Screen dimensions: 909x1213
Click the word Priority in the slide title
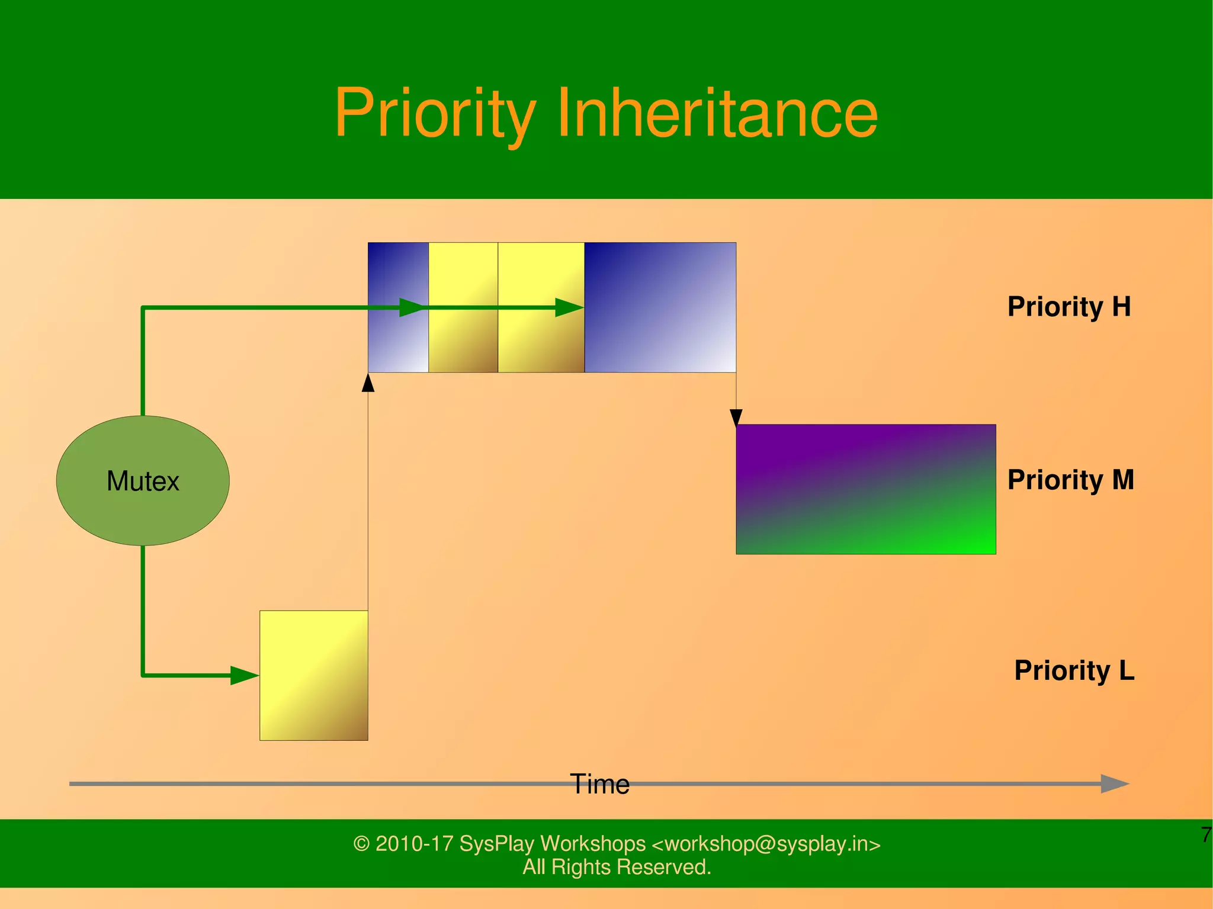(435, 114)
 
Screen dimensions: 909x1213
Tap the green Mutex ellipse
(143, 480)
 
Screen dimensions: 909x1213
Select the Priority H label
(1069, 307)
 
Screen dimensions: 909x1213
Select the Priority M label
(1070, 480)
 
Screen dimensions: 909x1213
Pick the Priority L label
(1074, 670)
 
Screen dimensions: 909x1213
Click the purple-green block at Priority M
(865, 489)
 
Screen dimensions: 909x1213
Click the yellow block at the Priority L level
(313, 675)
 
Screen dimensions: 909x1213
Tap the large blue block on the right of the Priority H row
(660, 307)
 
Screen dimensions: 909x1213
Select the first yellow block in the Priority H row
(463, 338)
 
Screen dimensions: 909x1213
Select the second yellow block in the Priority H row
(541, 338)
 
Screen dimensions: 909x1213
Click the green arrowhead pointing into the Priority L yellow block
(244, 675)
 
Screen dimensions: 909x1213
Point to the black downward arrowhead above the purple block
(736, 417)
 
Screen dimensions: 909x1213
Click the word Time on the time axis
(599, 784)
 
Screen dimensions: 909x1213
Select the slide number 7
(1206, 835)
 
